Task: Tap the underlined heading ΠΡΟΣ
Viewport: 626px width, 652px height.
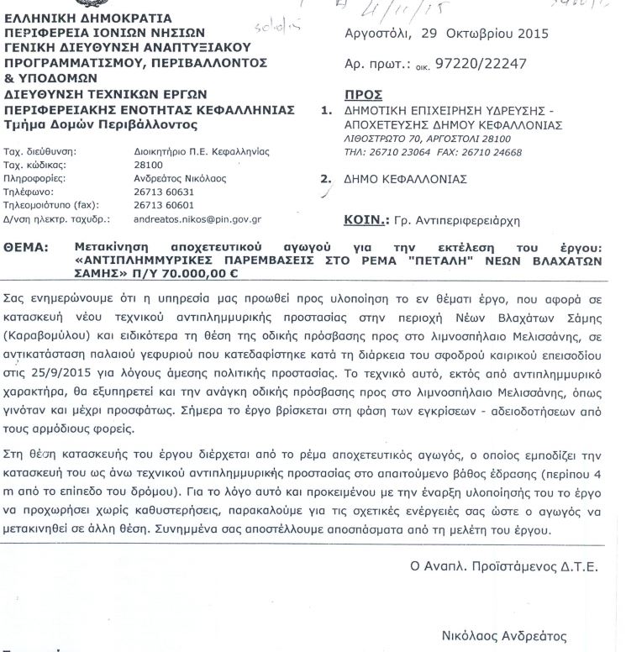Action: coord(364,96)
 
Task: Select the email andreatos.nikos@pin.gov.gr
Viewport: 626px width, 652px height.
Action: coord(198,218)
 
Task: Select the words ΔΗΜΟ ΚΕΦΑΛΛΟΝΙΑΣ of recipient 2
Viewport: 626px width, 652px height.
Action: coord(406,179)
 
